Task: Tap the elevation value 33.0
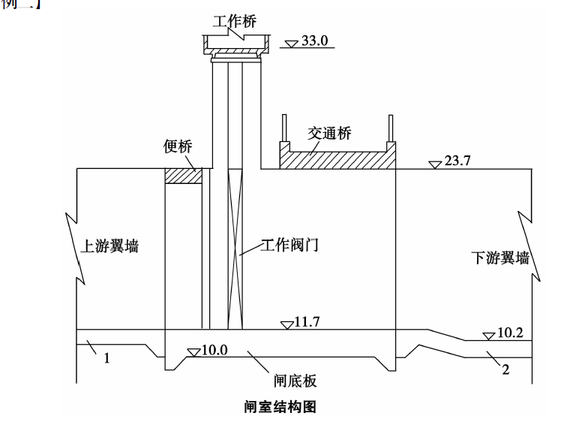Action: pyautogui.click(x=315, y=41)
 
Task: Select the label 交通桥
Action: pyautogui.click(x=329, y=133)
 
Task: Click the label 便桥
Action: pyautogui.click(x=178, y=146)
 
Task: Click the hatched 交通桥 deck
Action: pyautogui.click(x=337, y=160)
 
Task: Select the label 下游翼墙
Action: pyautogui.click(x=499, y=258)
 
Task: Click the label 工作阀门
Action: pyautogui.click(x=289, y=245)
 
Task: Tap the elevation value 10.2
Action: pyautogui.click(x=510, y=333)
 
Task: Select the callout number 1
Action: pyautogui.click(x=106, y=358)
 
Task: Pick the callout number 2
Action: pyautogui.click(x=505, y=369)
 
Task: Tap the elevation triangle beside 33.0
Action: pyautogui.click(x=292, y=43)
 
